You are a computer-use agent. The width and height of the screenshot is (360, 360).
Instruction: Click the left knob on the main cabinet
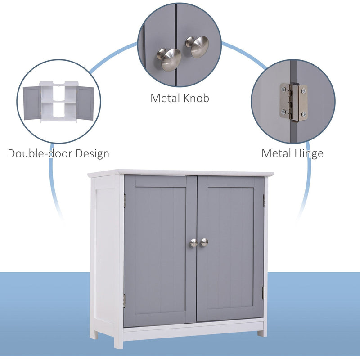click(x=193, y=243)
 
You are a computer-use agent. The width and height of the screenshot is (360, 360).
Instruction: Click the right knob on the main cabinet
click(x=204, y=242)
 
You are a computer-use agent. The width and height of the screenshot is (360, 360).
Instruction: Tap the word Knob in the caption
click(x=195, y=98)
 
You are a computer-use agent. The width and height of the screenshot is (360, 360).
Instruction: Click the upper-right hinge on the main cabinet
click(x=264, y=201)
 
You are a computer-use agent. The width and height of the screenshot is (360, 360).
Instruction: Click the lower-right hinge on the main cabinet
click(x=263, y=292)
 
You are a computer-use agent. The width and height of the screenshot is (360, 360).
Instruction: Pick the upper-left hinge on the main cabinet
click(x=124, y=201)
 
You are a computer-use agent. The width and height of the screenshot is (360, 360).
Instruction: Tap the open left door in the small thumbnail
click(x=31, y=103)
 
